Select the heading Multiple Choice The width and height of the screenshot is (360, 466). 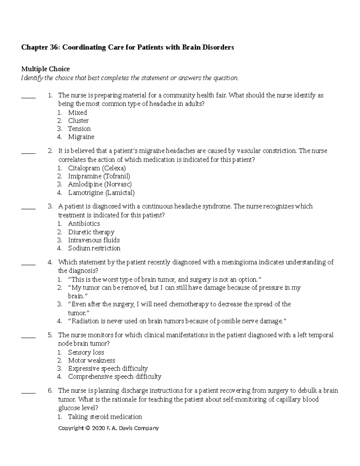click(45, 69)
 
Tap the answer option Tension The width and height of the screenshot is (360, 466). click(79, 129)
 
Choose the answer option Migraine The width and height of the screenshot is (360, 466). click(81, 137)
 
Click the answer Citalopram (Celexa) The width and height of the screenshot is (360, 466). click(97, 168)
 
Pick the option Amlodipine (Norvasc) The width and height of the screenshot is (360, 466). click(100, 184)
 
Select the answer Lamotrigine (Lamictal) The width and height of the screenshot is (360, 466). click(101, 193)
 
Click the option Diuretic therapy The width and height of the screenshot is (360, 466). click(91, 232)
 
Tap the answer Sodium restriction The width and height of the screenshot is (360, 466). click(94, 248)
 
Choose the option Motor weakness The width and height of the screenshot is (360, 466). click(91, 360)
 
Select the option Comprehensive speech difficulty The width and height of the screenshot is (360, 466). click(114, 377)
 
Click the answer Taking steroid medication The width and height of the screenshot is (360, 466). click(105, 417)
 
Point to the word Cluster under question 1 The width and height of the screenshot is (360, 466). click(78, 121)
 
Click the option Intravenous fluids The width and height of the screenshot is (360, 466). click(94, 240)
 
